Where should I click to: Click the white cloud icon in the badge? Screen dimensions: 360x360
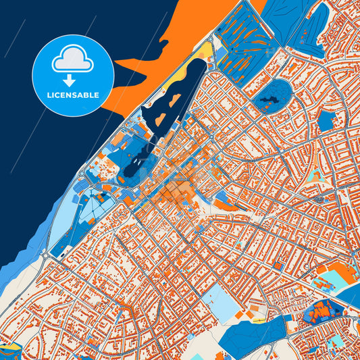(73, 60)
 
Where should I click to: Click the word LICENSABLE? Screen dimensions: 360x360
(73, 95)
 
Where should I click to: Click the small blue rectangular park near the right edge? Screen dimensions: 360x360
(326, 121)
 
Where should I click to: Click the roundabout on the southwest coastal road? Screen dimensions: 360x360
(45, 255)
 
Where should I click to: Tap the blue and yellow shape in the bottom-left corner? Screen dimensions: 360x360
(10, 351)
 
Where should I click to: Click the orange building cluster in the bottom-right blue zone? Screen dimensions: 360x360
(320, 311)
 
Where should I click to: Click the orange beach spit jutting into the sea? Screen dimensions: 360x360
(145, 64)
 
